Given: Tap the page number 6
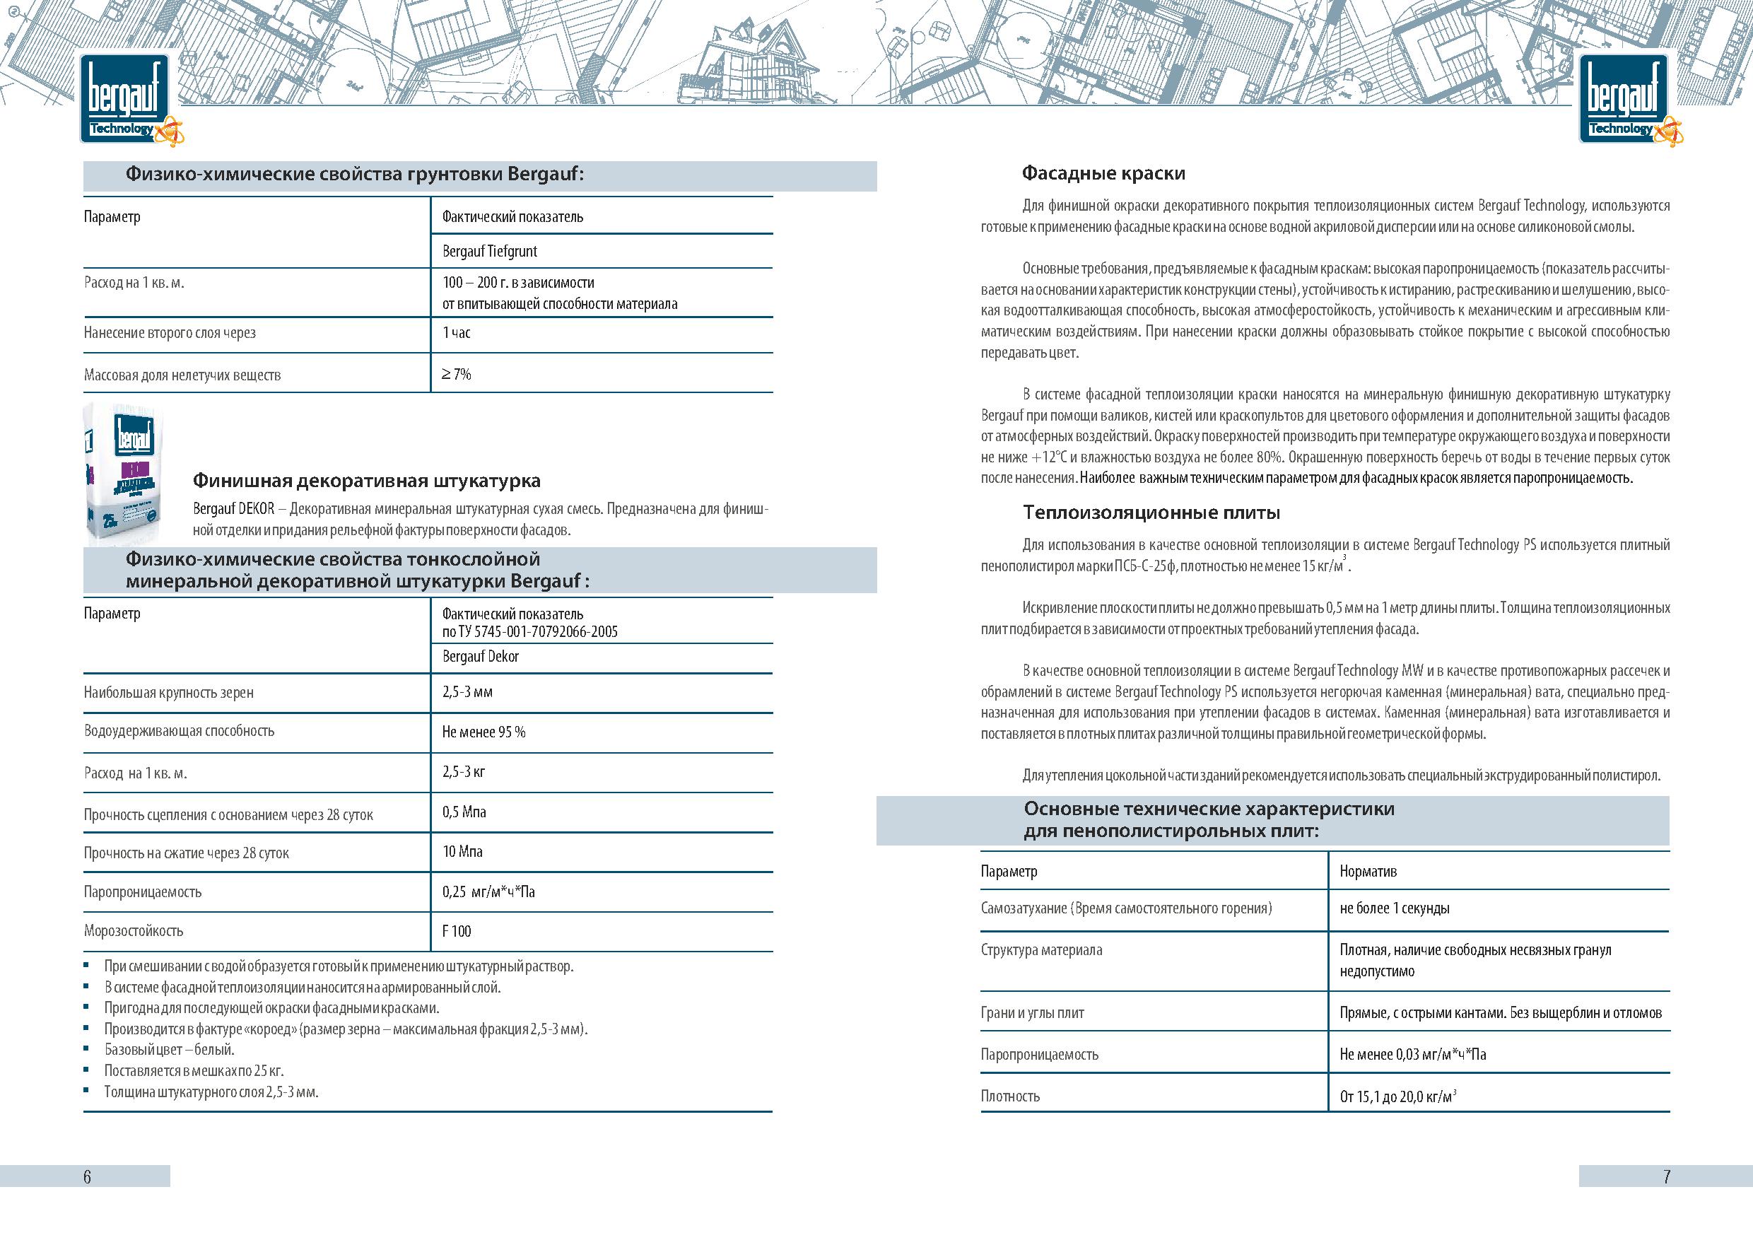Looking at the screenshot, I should click(87, 1176).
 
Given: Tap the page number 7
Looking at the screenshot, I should click(1667, 1176).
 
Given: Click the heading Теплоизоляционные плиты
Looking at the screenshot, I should click(1151, 513).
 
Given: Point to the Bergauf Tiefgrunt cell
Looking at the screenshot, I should click(489, 251).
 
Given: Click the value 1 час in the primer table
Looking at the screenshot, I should click(457, 333).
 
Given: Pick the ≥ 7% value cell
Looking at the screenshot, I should click(457, 374).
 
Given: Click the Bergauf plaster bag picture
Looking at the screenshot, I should click(123, 474).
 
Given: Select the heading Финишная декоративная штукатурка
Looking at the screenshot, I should click(366, 481).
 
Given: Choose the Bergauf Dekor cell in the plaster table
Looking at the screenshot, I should click(480, 657).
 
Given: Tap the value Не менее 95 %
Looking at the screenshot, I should click(483, 732).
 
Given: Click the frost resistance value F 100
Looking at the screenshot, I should click(457, 932).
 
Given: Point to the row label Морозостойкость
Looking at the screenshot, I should click(134, 932).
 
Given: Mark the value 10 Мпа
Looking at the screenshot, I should click(462, 852).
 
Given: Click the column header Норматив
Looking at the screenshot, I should click(1368, 871).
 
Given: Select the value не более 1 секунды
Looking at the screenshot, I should click(1394, 908).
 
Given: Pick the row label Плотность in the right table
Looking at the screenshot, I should click(1010, 1096).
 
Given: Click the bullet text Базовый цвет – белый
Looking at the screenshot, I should click(170, 1050).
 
